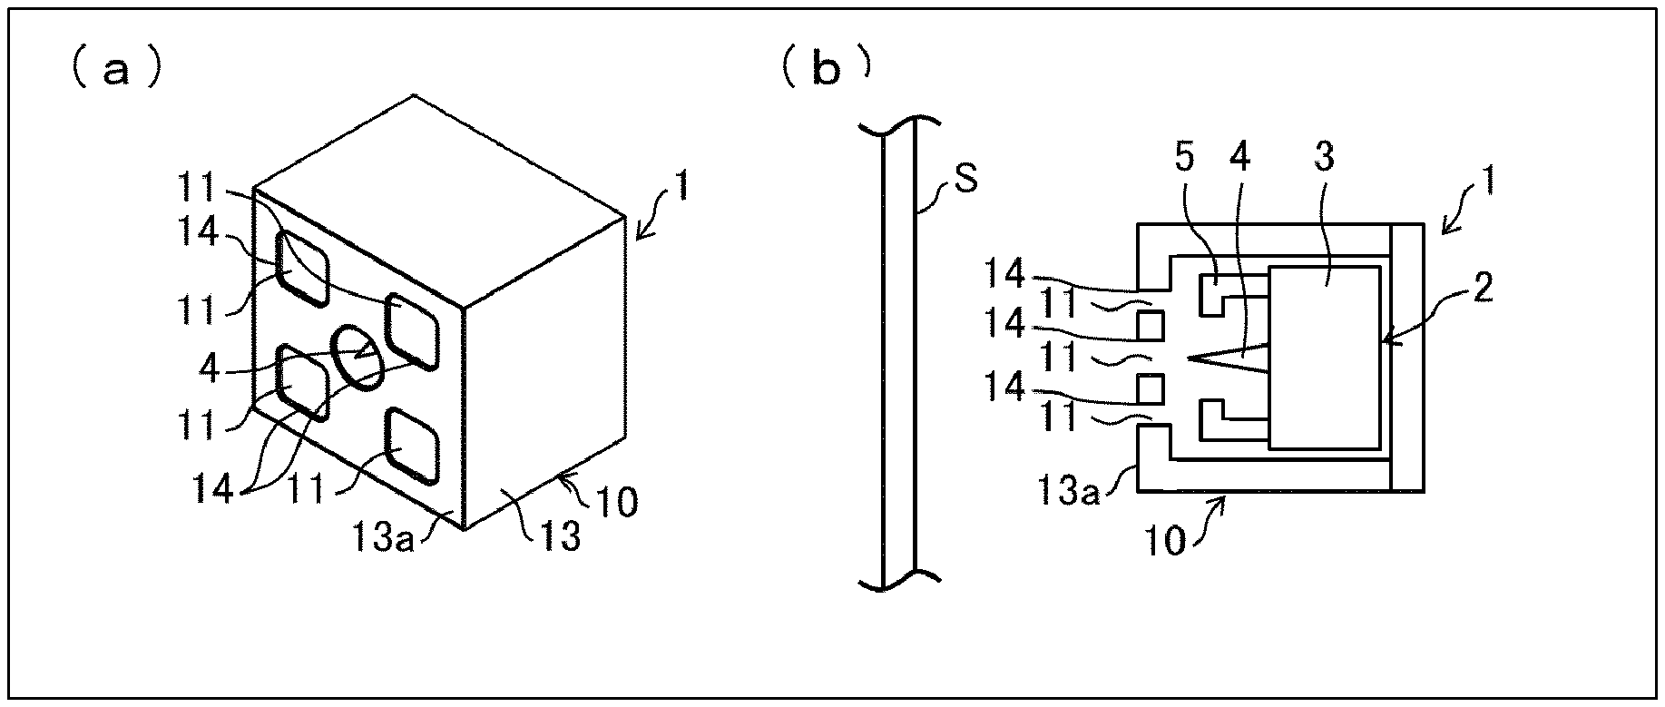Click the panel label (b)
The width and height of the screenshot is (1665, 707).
click(x=825, y=70)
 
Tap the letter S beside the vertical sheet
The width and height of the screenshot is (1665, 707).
click(x=967, y=180)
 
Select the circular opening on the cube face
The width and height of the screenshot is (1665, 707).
click(x=357, y=358)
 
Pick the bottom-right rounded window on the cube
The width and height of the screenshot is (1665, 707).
click(x=413, y=446)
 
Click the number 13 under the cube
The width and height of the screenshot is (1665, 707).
click(x=561, y=537)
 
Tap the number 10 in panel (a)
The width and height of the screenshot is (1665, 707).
click(x=618, y=501)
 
